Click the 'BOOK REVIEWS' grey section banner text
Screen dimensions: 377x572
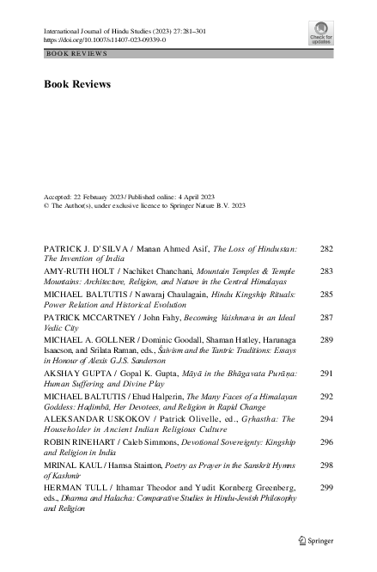point(77,53)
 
